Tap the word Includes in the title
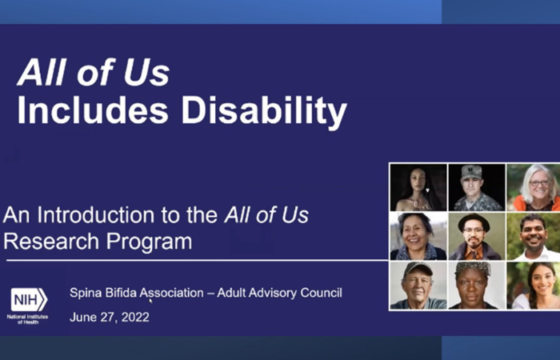click(x=93, y=110)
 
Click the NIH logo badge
click(x=29, y=300)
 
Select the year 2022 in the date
click(x=135, y=317)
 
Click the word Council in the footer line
click(x=321, y=293)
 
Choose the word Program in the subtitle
click(x=149, y=242)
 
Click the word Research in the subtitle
click(x=51, y=242)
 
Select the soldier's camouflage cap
click(x=471, y=172)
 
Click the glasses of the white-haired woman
click(x=540, y=183)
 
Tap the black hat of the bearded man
click(x=474, y=222)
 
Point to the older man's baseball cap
click(x=417, y=270)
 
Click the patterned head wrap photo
click(x=477, y=286)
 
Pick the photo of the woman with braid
click(x=534, y=286)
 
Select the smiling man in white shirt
click(x=534, y=237)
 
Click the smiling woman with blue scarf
click(x=418, y=237)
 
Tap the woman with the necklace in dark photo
click(x=418, y=187)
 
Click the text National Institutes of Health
click(x=27, y=319)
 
